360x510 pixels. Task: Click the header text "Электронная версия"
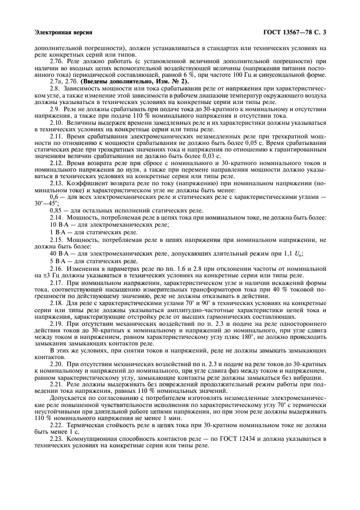pos(58,32)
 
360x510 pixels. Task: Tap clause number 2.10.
pos(56,123)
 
